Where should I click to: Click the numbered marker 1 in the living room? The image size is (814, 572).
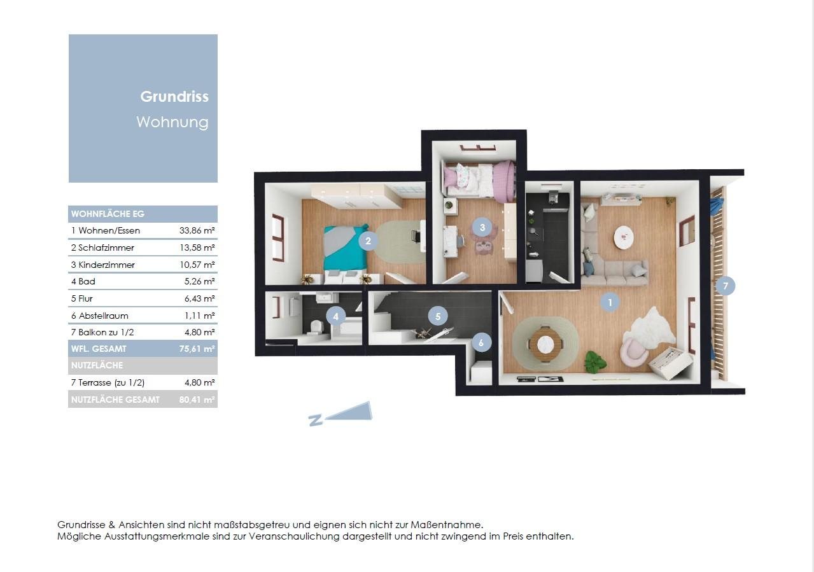point(610,302)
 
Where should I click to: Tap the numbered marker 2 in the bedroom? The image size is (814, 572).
point(368,241)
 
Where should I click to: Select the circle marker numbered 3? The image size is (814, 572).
point(482,228)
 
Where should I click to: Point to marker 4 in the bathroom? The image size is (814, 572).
point(336,316)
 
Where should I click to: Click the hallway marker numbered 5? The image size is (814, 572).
point(438,316)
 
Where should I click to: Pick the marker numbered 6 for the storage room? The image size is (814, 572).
point(482,342)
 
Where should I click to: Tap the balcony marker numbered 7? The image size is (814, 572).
point(726,286)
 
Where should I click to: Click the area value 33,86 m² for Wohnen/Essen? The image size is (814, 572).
point(197,230)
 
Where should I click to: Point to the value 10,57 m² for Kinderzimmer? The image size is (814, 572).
point(197,265)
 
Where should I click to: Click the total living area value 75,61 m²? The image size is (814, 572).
point(197,349)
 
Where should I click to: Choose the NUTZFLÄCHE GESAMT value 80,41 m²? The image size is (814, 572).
point(197,400)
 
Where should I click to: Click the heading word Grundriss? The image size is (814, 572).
point(174,97)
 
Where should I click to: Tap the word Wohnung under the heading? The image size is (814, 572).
point(172,122)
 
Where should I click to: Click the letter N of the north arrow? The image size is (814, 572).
point(316,420)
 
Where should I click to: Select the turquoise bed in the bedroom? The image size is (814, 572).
point(345,249)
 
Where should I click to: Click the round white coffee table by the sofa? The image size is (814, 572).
point(624,237)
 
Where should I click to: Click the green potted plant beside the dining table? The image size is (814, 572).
point(594,362)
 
